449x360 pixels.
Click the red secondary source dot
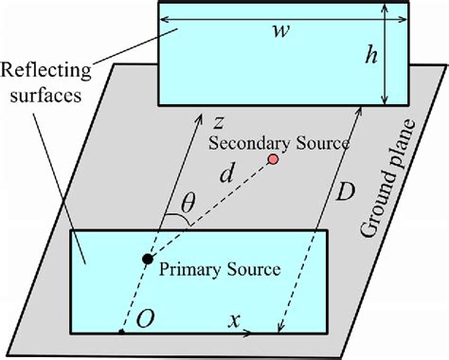point(274,158)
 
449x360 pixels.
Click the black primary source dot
point(147,259)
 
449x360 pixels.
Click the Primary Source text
point(219,268)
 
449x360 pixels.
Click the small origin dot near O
point(122,333)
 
